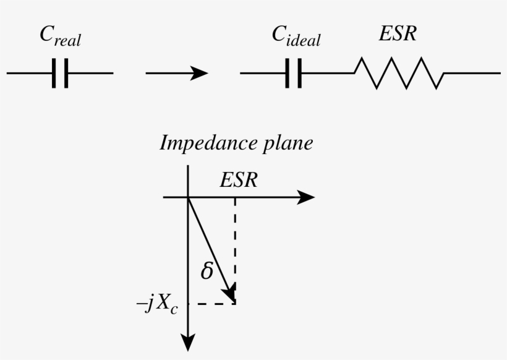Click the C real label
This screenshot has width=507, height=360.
pyautogui.click(x=60, y=36)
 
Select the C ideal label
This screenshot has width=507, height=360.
pyautogui.click(x=296, y=36)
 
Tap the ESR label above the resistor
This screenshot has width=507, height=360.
pyautogui.click(x=398, y=33)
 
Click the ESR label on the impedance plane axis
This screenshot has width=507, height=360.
pyautogui.click(x=239, y=179)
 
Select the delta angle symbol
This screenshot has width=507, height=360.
pyautogui.click(x=207, y=270)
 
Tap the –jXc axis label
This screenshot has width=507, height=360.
pyautogui.click(x=157, y=304)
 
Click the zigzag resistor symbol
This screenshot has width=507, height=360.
pyautogui.click(x=399, y=73)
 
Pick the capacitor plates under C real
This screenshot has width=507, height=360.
pyautogui.click(x=60, y=73)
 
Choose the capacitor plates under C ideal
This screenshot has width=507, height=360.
pyautogui.click(x=294, y=73)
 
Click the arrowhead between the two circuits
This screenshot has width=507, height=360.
pyautogui.click(x=198, y=73)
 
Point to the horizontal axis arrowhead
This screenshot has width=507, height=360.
pyautogui.click(x=305, y=197)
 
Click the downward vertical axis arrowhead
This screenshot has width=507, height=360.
pyautogui.click(x=188, y=342)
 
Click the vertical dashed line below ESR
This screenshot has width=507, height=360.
pyautogui.click(x=235, y=251)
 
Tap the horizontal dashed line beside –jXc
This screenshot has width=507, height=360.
pyautogui.click(x=212, y=304)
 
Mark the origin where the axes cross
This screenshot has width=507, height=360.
pyautogui.click(x=188, y=197)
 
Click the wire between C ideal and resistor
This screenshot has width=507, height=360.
pyautogui.click(x=328, y=73)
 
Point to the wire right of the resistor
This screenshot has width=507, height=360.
pyautogui.click(x=472, y=73)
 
